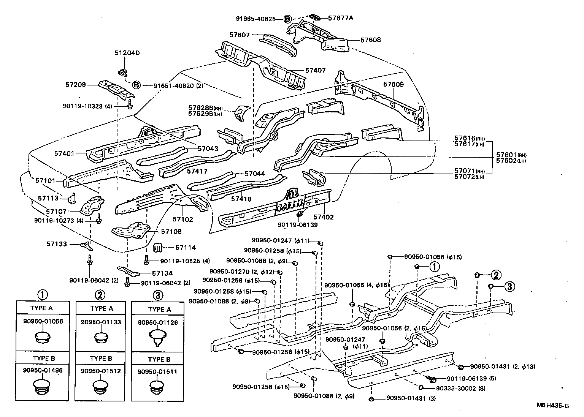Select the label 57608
click(x=370, y=39)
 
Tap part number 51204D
click(x=127, y=53)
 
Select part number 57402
click(x=323, y=217)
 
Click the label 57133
click(x=67, y=244)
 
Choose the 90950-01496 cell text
click(x=43, y=370)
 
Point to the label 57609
click(x=394, y=84)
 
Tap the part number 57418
click(x=241, y=199)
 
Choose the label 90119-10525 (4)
click(x=185, y=261)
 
